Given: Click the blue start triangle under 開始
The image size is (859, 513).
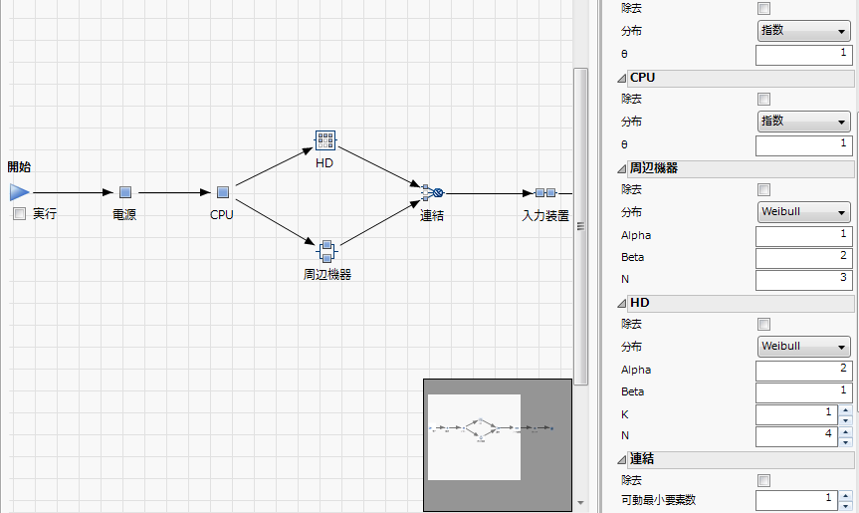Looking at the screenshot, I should (x=20, y=192).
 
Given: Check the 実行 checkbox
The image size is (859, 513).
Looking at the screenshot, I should (x=19, y=214).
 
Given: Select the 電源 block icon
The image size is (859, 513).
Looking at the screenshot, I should (x=125, y=192).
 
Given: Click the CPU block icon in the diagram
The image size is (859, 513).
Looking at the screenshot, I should (x=223, y=192).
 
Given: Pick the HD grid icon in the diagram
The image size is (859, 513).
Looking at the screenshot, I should (x=324, y=141).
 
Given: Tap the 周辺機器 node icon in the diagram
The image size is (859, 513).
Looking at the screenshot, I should (x=325, y=249).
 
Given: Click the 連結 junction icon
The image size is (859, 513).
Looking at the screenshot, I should (x=432, y=192).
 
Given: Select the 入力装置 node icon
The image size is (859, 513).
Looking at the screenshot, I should (x=544, y=193).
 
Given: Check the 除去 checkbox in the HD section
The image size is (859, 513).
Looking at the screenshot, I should (x=764, y=324).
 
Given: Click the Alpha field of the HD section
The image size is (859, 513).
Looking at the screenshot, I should (x=803, y=370).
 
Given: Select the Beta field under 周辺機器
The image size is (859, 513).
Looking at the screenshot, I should (x=803, y=257).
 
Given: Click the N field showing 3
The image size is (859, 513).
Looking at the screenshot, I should (x=803, y=280).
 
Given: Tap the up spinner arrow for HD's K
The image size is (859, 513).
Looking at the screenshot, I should (x=846, y=409).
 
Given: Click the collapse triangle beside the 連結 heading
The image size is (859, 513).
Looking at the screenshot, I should (x=621, y=459).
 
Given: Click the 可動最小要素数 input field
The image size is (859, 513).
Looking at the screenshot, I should (x=796, y=498).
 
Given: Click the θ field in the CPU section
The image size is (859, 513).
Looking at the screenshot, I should (x=803, y=144).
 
